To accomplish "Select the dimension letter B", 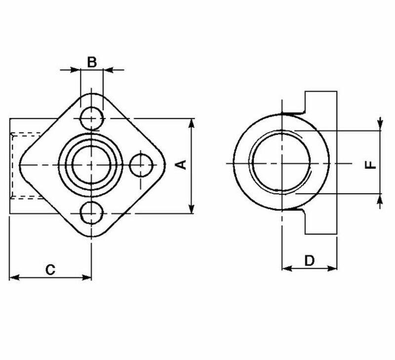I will point(92,62).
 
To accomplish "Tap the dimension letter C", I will point(50,269).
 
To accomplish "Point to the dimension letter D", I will point(309,260).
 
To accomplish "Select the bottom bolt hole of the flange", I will point(91,213).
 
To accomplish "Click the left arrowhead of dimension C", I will point(13,278).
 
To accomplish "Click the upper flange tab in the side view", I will point(321,104).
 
